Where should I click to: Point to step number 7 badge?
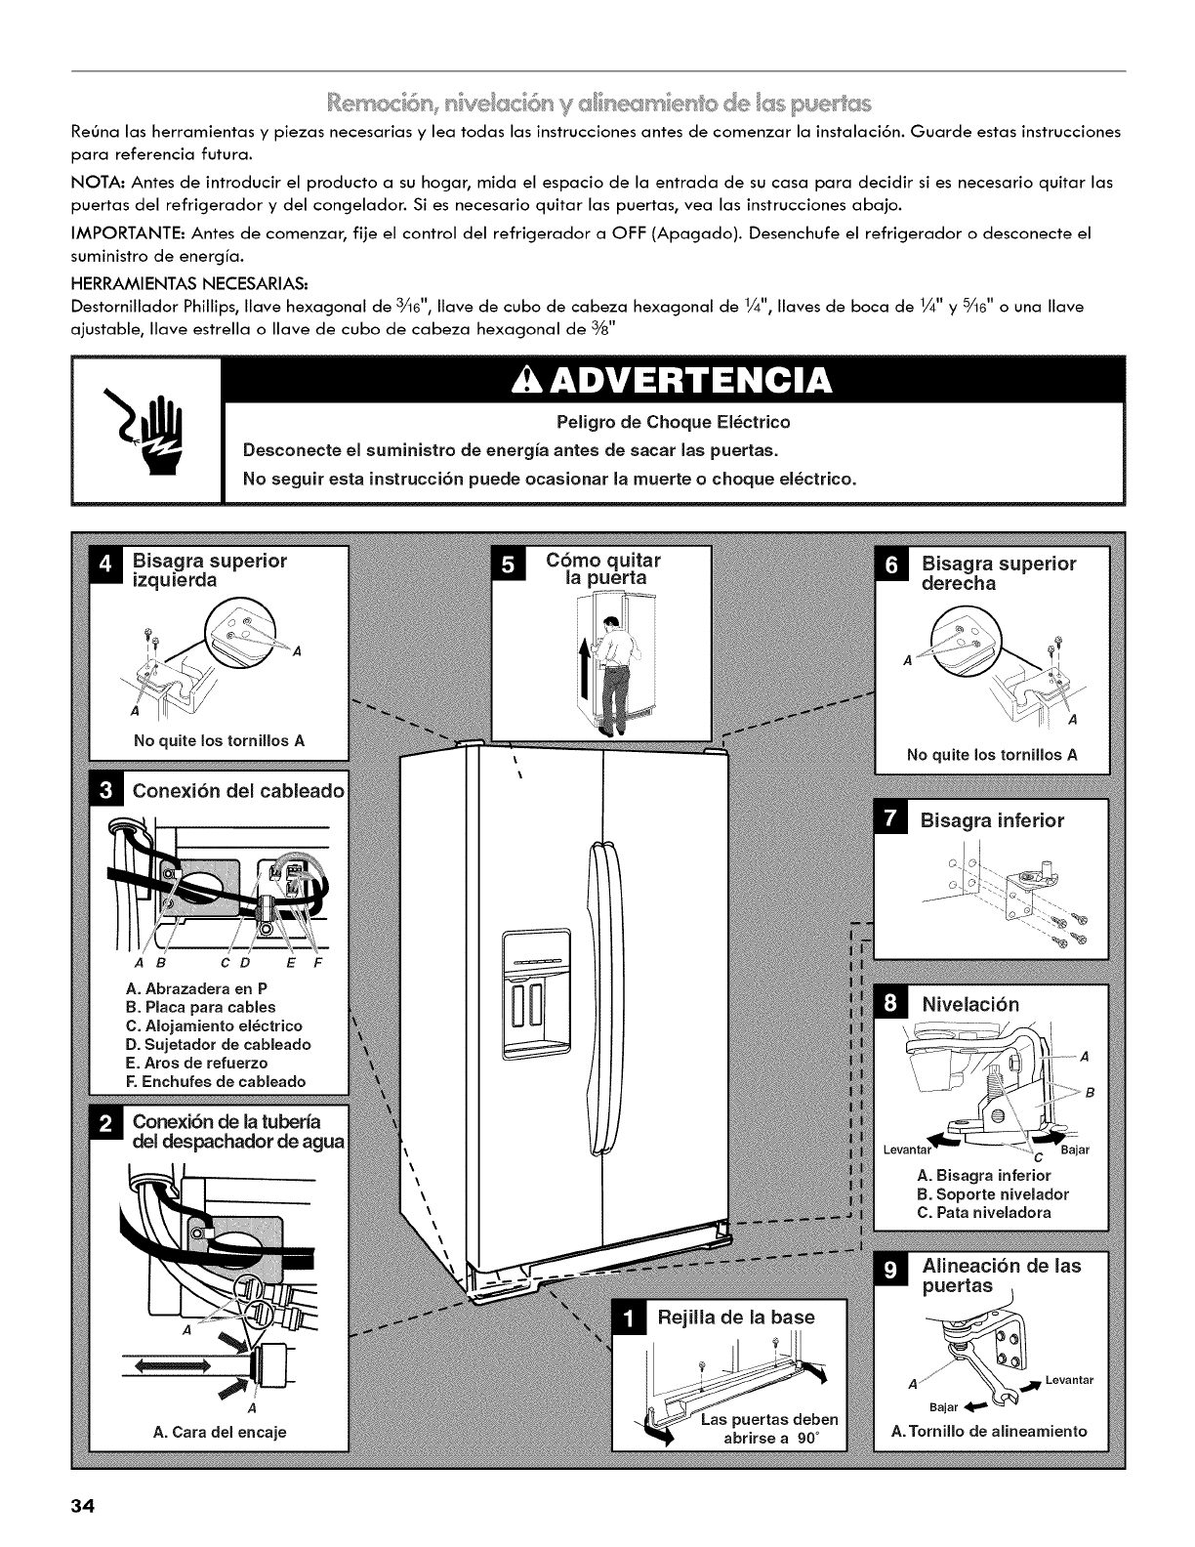click(x=888, y=821)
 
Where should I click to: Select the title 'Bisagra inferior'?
click(x=992, y=821)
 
